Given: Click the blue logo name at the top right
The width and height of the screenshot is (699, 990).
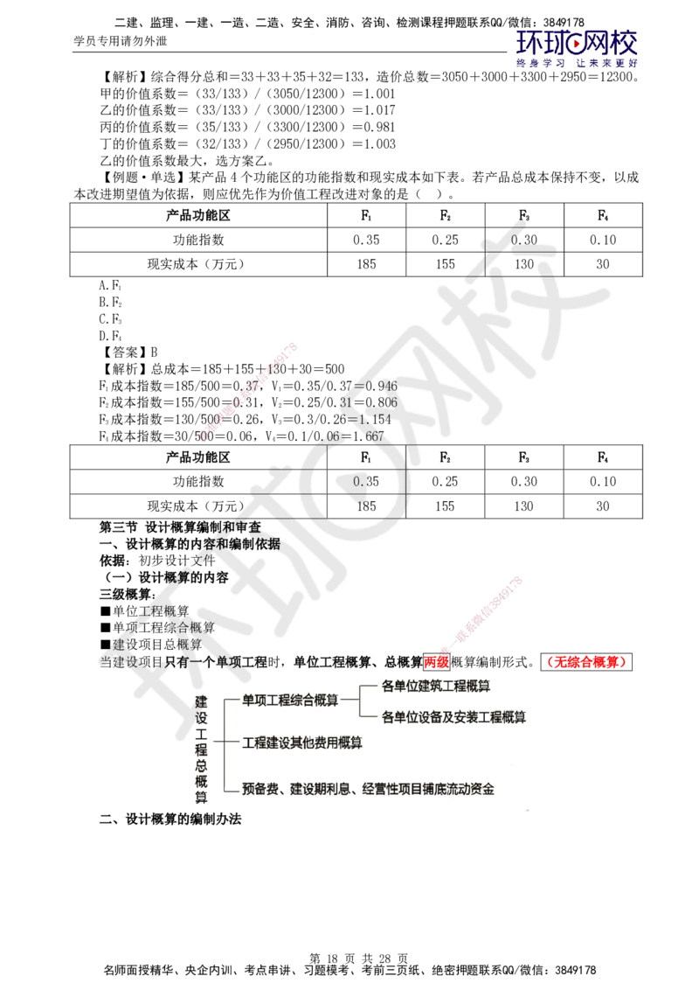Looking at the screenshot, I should (x=577, y=41).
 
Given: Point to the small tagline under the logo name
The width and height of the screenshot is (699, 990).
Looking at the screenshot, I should (x=577, y=63).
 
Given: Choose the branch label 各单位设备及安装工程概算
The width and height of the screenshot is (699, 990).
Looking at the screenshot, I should (x=454, y=718).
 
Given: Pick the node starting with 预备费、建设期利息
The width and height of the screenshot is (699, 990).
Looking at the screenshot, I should (x=368, y=789).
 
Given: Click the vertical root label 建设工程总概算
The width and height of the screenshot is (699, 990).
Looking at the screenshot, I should (x=201, y=748).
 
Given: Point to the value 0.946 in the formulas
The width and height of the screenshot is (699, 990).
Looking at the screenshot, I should (x=381, y=386).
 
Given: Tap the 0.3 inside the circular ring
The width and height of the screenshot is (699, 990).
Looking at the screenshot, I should (x=362, y=481).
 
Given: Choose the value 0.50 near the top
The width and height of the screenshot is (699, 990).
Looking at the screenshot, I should (x=524, y=240).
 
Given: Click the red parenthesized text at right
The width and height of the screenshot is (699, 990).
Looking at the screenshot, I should (x=586, y=662).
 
